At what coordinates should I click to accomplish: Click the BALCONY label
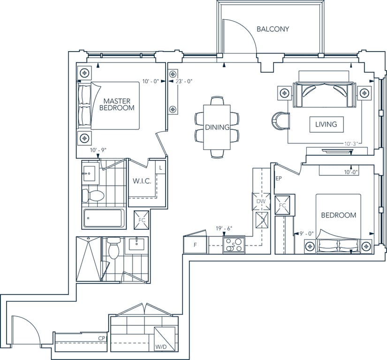pyautogui.click(x=273, y=29)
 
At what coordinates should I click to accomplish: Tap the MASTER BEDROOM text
pyautogui.click(x=117, y=105)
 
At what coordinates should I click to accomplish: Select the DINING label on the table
pyautogui.click(x=217, y=127)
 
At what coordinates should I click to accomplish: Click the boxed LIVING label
pyautogui.click(x=326, y=124)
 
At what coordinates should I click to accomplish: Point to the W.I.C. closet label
pyautogui.click(x=142, y=181)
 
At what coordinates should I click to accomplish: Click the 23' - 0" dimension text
pyautogui.click(x=184, y=81)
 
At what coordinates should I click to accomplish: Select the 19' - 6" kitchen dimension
pyautogui.click(x=224, y=229)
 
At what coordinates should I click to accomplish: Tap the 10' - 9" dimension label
pyautogui.click(x=98, y=150)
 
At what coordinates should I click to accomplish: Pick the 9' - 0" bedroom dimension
pyautogui.click(x=306, y=233)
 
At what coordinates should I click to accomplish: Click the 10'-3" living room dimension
pyautogui.click(x=351, y=144)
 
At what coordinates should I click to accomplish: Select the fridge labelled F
pyautogui.click(x=195, y=245)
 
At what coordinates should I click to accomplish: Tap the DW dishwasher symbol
pyautogui.click(x=261, y=202)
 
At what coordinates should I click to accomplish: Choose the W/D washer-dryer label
pyautogui.click(x=161, y=347)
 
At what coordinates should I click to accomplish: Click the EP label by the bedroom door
pyautogui.click(x=279, y=178)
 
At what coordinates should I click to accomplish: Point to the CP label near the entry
pyautogui.click(x=102, y=338)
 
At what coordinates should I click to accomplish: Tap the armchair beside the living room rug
pyautogui.click(x=281, y=121)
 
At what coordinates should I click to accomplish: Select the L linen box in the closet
pyautogui.click(x=161, y=168)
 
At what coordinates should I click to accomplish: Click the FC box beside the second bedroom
pyautogui.click(x=282, y=205)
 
